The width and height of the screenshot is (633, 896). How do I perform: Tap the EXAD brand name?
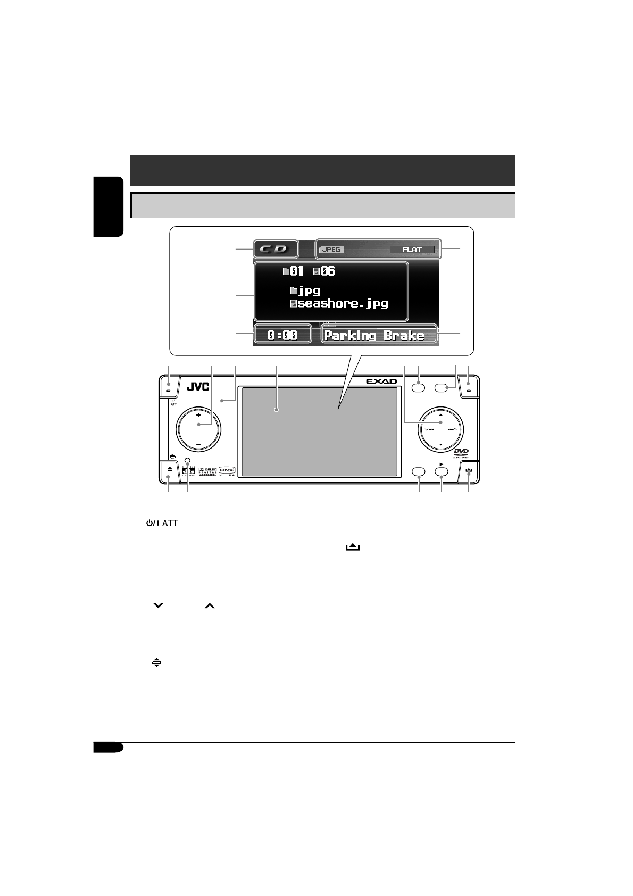pos(382,381)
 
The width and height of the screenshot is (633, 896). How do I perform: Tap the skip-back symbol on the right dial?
pos(430,429)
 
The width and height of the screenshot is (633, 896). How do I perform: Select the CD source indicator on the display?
pos(276,249)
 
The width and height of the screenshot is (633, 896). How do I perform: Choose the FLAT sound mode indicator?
pos(412,249)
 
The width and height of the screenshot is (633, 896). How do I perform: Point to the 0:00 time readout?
pos(282,335)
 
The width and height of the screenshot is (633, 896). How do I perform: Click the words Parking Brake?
pos(374,335)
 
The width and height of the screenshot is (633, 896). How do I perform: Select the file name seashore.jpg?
pos(343,304)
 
